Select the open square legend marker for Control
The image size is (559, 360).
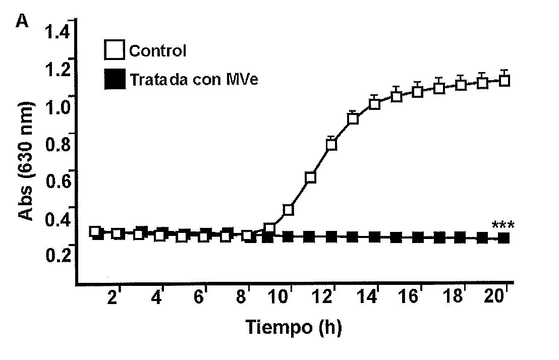tap(115, 51)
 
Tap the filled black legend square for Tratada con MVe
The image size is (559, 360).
tap(115, 80)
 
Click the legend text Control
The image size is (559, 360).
tap(157, 51)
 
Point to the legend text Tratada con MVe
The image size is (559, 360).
tap(193, 80)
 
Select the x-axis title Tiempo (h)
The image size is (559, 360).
tap(294, 327)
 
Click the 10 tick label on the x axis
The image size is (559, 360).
tap(282, 297)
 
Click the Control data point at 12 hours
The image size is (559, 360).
tap(331, 145)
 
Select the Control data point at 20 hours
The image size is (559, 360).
tap(504, 81)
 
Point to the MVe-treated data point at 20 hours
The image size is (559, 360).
tap(504, 237)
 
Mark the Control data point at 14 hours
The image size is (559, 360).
tap(374, 104)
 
